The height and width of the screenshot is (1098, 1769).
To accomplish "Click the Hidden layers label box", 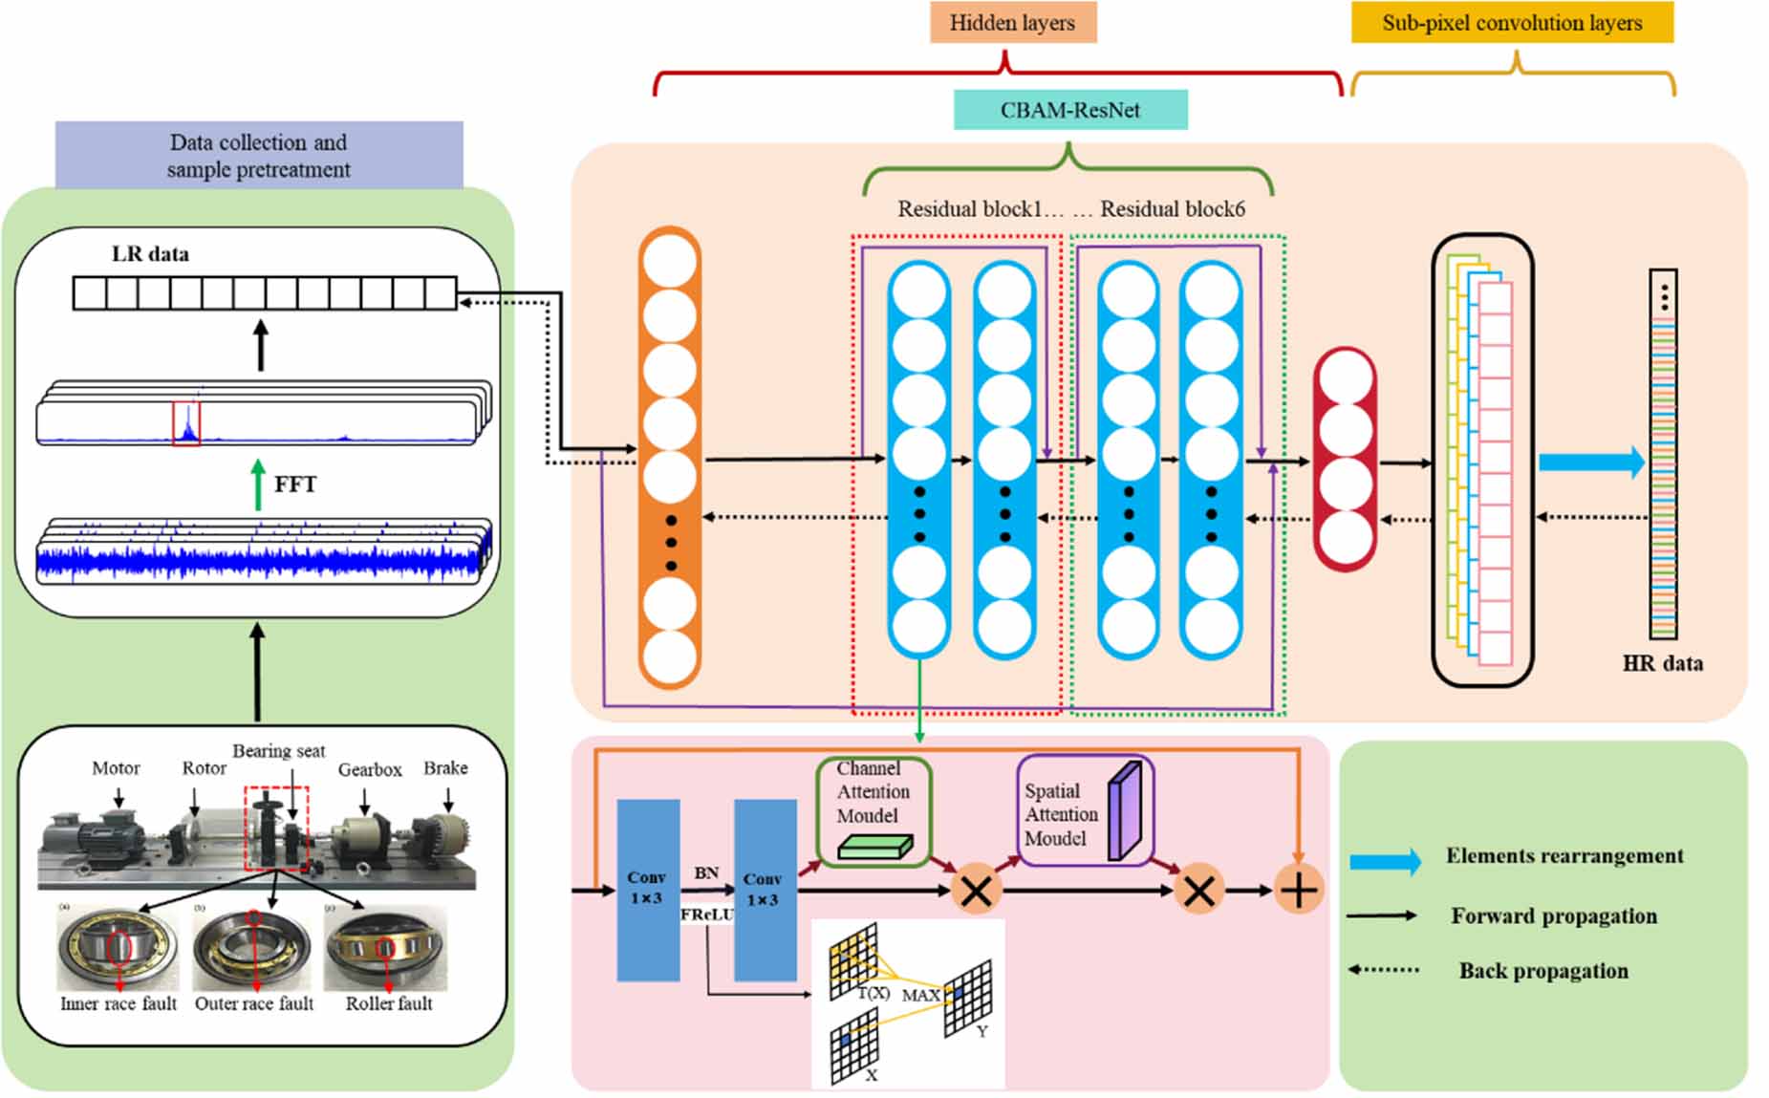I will click(x=1012, y=23).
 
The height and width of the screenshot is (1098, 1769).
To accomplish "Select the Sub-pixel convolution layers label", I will click(x=1511, y=23).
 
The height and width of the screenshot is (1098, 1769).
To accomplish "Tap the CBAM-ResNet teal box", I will click(x=1069, y=110).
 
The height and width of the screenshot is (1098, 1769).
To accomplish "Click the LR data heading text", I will click(x=150, y=254).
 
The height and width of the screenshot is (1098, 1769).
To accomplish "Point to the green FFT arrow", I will click(x=257, y=484).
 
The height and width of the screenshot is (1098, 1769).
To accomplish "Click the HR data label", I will click(x=1662, y=663).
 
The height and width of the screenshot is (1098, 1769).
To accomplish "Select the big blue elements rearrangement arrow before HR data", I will click(x=1590, y=463).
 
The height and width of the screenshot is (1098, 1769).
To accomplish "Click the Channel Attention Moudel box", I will click(x=873, y=811).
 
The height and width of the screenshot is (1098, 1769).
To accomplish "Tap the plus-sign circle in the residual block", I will click(x=1298, y=891).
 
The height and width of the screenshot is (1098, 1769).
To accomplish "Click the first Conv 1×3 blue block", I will click(x=648, y=889).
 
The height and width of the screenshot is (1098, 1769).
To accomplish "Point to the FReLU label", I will click(x=706, y=915).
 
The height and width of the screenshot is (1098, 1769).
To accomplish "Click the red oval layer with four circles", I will click(x=1345, y=459).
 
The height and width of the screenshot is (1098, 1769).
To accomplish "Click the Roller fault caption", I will click(x=388, y=1003).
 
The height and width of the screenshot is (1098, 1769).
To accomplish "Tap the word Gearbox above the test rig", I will click(x=369, y=770).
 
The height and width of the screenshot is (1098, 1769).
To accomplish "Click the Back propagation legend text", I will click(x=1542, y=971).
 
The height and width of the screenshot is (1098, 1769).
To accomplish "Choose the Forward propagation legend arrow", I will click(x=1382, y=915).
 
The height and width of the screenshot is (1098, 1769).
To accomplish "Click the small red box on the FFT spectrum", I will click(x=186, y=424).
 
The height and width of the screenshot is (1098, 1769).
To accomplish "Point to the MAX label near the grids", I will click(x=920, y=996).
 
